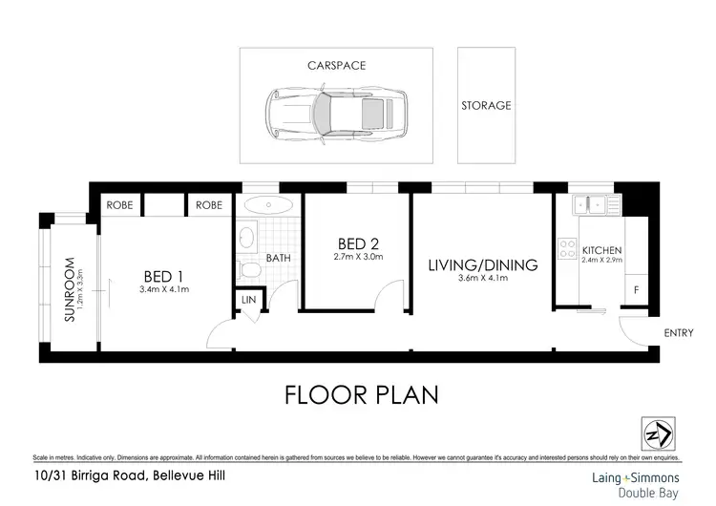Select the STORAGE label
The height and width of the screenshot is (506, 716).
click(x=486, y=105)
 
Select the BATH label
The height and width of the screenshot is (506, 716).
click(x=278, y=258)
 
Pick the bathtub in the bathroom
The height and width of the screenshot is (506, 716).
click(x=269, y=204)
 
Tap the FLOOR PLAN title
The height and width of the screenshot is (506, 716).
click(x=362, y=394)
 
